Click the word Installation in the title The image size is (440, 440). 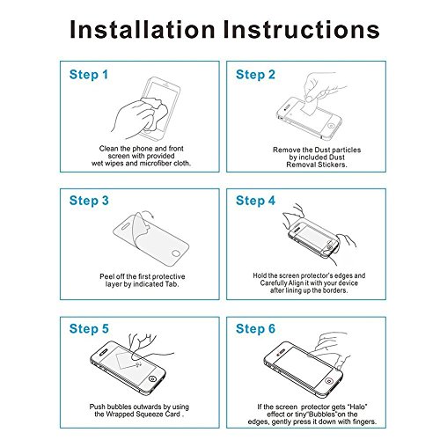143,30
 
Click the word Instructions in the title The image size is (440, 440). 302,30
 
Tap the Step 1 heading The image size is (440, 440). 89,75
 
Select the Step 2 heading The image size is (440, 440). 255,75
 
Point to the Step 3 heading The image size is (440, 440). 89,201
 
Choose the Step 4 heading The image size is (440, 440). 255,201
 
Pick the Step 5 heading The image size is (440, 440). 89,329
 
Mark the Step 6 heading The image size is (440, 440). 255,329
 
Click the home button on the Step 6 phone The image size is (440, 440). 329,381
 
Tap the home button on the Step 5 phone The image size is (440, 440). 152,379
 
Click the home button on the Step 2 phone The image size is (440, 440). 331,126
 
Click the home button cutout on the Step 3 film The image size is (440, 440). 176,253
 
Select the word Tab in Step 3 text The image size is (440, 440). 172,284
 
